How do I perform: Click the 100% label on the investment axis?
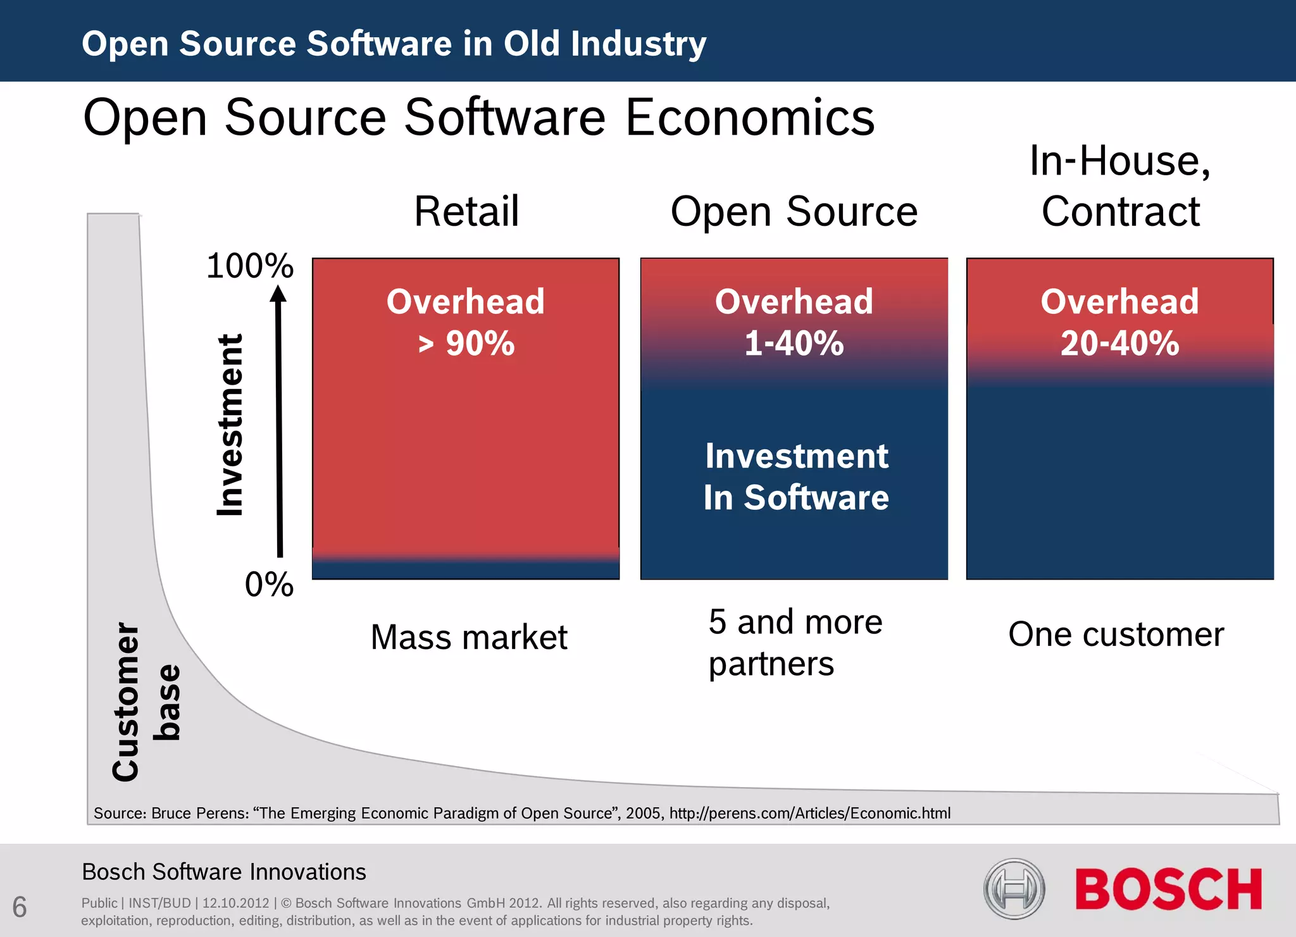coord(250,266)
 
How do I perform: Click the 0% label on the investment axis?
coord(269,584)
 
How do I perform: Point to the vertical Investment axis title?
coord(230,425)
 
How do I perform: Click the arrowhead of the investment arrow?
coord(278,294)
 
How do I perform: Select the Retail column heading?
coord(466,211)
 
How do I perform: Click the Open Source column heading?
coord(794,211)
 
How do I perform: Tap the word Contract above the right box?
coord(1120,211)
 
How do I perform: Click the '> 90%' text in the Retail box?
coord(466,344)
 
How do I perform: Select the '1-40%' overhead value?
coord(794,344)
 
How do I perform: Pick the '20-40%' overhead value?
coord(1119,344)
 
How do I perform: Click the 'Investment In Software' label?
coord(796,476)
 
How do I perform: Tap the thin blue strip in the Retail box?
coord(466,570)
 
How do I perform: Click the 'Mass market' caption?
coord(468,637)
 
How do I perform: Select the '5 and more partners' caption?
coord(795,643)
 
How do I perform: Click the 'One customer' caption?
coord(1116,634)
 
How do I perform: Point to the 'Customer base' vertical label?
coord(146,702)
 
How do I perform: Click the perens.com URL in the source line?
coord(809,813)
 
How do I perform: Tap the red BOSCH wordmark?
coord(1168,890)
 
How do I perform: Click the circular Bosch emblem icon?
coord(1014,889)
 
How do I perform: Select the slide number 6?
coord(20,907)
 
